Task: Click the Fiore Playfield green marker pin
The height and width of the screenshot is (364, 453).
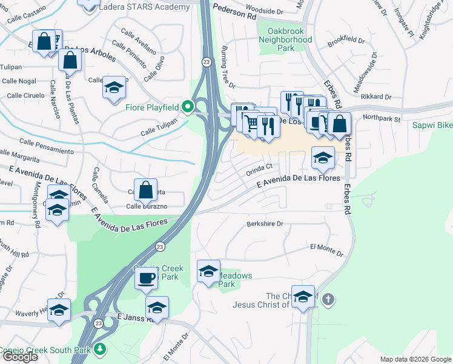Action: (188, 107)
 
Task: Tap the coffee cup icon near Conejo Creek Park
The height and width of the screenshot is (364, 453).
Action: (146, 278)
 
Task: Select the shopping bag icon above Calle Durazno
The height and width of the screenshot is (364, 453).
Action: (146, 190)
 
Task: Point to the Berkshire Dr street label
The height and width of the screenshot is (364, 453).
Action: (265, 224)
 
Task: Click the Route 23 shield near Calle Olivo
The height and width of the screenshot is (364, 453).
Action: (207, 62)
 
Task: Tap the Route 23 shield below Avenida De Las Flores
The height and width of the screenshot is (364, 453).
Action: (160, 246)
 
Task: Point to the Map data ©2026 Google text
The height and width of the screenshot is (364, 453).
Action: (415, 359)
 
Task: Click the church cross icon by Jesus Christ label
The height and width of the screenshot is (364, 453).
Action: (328, 299)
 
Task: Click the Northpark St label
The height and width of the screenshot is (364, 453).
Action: (382, 120)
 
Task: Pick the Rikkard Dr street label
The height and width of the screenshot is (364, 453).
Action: (375, 96)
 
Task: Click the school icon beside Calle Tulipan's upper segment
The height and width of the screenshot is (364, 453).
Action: (114, 87)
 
